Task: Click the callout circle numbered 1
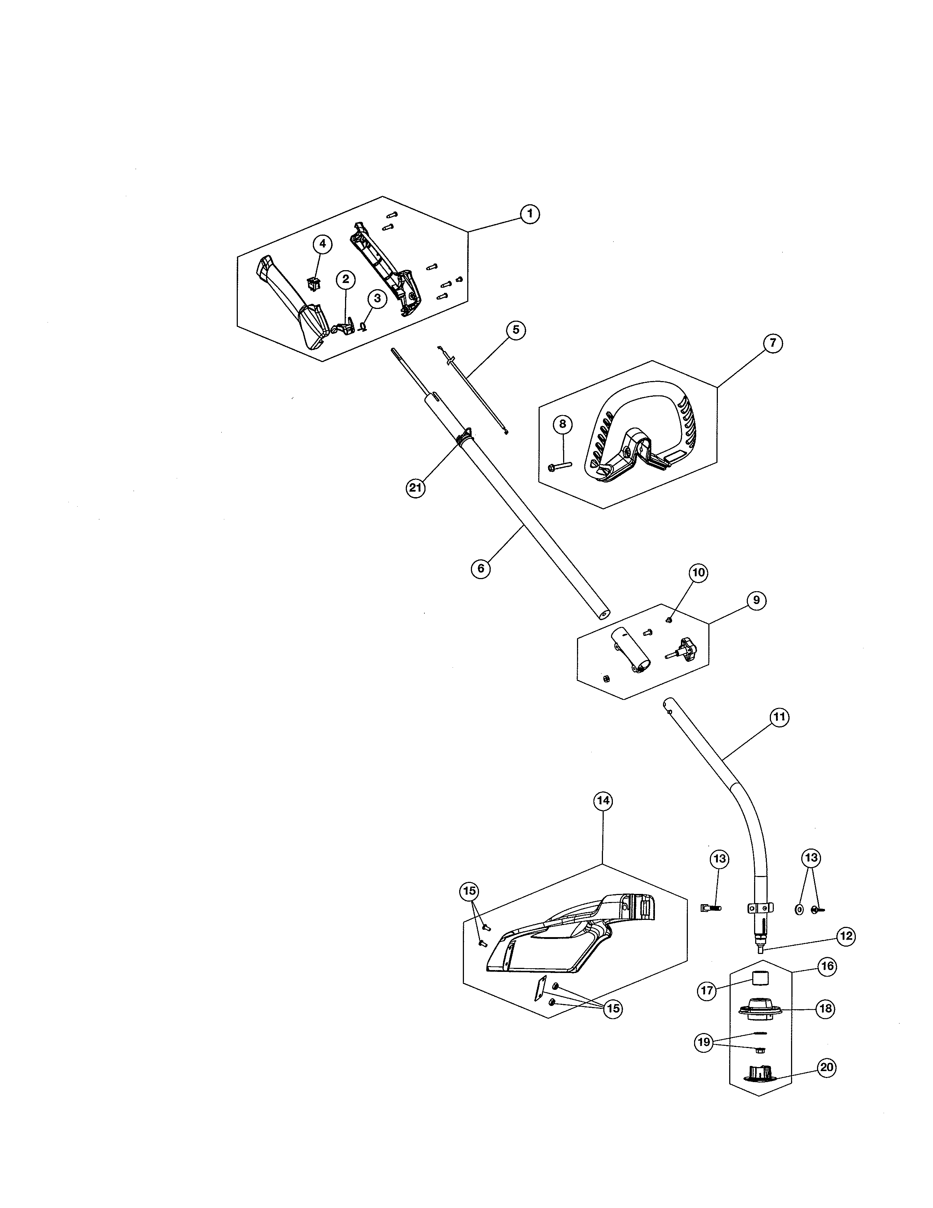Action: pyautogui.click(x=529, y=213)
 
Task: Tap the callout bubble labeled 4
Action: pyautogui.click(x=323, y=243)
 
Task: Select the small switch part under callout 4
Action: pyautogui.click(x=314, y=284)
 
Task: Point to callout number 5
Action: pyautogui.click(x=516, y=330)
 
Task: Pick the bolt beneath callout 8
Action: pyautogui.click(x=560, y=467)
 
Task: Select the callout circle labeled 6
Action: pyautogui.click(x=481, y=568)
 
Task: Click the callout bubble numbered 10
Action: pyautogui.click(x=698, y=573)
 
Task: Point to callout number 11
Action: pyautogui.click(x=779, y=717)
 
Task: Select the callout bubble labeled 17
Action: pyautogui.click(x=707, y=991)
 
